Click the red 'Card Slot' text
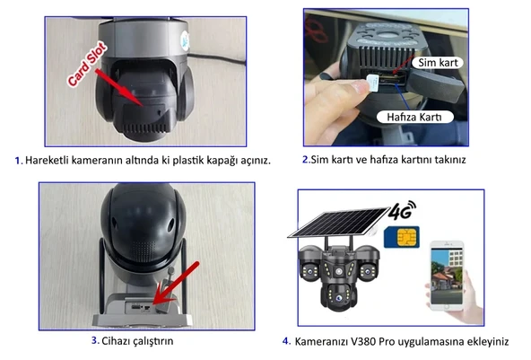[x=87, y=64]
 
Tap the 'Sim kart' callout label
[x=438, y=63]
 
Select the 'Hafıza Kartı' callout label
[x=414, y=117]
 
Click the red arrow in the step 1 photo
[x=119, y=88]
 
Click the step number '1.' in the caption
[x=19, y=161]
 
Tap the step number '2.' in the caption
[x=306, y=159]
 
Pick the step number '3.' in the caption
[x=95, y=340]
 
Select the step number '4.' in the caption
[x=286, y=341]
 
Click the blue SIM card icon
[x=402, y=237]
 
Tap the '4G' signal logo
[x=403, y=210]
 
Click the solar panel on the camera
[x=339, y=223]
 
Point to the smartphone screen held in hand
[x=447, y=276]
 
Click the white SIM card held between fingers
[x=373, y=83]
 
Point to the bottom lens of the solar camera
[x=338, y=298]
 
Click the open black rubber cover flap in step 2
[x=435, y=84]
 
